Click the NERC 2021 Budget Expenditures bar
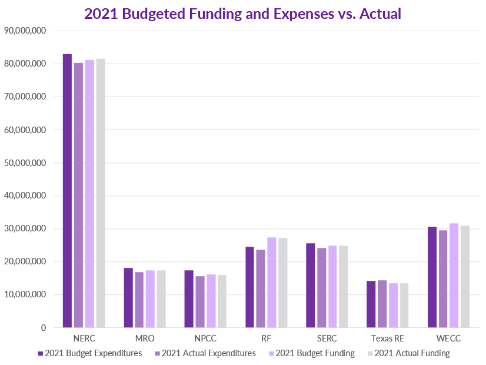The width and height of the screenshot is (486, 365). click(x=67, y=191)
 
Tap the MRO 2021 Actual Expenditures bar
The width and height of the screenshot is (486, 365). click(x=139, y=300)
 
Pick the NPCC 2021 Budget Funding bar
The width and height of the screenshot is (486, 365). click(x=211, y=301)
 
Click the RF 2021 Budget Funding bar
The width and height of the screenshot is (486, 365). click(x=272, y=283)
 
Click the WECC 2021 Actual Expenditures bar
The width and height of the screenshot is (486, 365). click(x=442, y=279)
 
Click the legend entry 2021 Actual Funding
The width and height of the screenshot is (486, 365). click(x=411, y=353)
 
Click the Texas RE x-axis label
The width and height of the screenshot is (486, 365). click(x=388, y=340)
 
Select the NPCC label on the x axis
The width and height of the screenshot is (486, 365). click(x=205, y=340)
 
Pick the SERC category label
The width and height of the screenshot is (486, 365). click(x=327, y=340)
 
